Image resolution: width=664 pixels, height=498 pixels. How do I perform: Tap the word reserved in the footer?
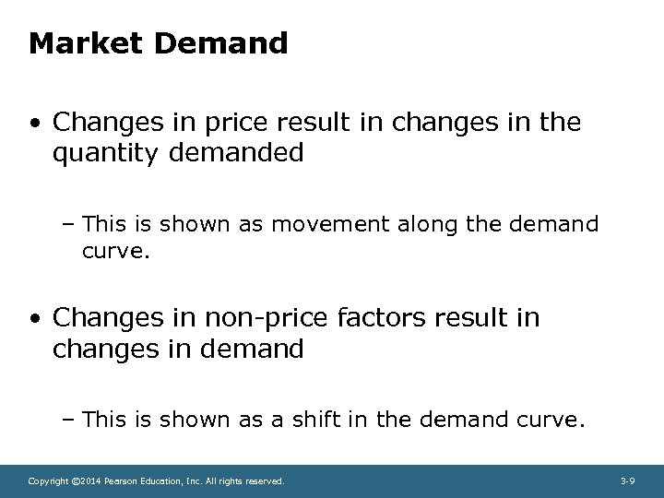click(264, 481)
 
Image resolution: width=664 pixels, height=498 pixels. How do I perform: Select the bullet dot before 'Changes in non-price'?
click(34, 319)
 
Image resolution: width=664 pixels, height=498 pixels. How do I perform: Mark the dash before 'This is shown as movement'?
click(72, 224)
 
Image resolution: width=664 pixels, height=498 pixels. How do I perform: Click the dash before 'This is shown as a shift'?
click(72, 421)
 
